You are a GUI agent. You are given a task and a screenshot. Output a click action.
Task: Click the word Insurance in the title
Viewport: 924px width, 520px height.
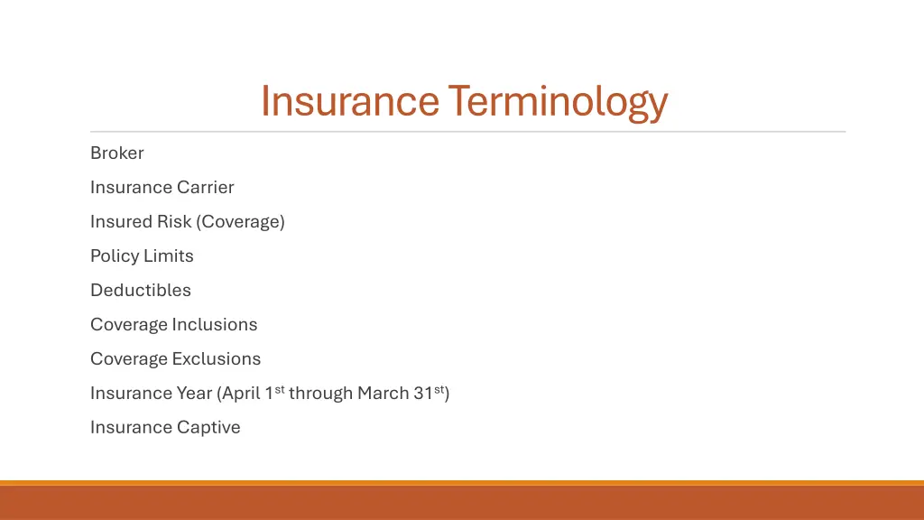point(349,101)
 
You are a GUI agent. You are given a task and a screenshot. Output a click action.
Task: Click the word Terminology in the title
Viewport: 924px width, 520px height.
point(557,101)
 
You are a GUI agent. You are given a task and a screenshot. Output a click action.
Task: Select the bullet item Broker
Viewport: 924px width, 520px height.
point(117,153)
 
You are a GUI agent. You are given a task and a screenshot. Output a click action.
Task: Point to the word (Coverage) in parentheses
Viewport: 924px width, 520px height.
point(240,222)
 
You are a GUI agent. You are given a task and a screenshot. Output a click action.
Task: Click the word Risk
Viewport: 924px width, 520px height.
point(174,222)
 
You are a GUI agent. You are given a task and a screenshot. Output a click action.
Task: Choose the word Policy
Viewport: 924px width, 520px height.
point(114,256)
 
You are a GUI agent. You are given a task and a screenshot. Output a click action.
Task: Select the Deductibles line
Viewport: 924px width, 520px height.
point(141,291)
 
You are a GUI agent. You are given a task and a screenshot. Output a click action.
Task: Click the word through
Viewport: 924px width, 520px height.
point(320,394)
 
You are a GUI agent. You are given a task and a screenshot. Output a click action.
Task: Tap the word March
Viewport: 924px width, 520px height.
point(383,394)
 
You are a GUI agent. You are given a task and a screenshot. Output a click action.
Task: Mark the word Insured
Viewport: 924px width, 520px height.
point(121,222)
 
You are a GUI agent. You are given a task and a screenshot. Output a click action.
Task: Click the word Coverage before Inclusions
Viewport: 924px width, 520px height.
point(129,325)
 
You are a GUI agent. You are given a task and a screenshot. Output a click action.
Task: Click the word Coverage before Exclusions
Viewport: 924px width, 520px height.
point(129,359)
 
